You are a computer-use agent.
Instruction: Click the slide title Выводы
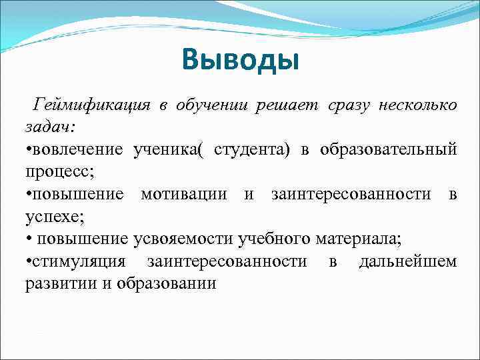click(240, 61)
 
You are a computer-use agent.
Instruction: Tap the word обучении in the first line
click(212, 105)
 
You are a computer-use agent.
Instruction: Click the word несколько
click(417, 105)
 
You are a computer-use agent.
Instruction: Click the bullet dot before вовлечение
click(28, 150)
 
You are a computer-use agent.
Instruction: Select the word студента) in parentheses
click(252, 149)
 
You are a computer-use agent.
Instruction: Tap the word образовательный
click(389, 149)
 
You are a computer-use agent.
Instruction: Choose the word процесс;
click(60, 171)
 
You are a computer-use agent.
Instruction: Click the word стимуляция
click(84, 261)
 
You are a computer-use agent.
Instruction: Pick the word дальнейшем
click(407, 261)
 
